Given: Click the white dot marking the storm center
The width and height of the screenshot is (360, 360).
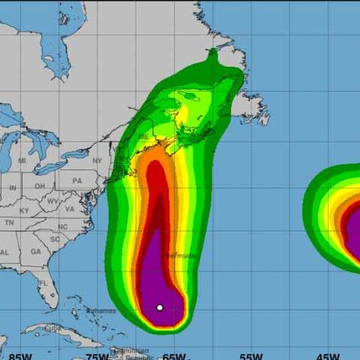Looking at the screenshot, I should coord(160,307).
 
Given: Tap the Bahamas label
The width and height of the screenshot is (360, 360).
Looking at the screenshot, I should coord(101,310).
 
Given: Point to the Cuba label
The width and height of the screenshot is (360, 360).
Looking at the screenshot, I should coord(53,328).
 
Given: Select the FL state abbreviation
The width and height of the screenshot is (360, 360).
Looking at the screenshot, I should coord(43,283).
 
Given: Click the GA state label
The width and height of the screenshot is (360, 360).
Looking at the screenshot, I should coord(36,252).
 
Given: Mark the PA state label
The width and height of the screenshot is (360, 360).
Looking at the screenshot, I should coord(77,181).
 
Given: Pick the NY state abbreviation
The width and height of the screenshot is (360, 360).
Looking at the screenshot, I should coord(97,160).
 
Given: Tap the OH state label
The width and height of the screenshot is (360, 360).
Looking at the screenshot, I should coord(39,186).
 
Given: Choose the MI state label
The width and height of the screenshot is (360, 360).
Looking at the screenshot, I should coord(22,160).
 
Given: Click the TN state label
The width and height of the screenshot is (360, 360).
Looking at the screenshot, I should coord(9,223).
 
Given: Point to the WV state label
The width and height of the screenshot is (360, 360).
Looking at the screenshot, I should coord(52,201).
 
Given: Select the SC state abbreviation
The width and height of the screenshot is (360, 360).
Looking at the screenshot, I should coord(55,239).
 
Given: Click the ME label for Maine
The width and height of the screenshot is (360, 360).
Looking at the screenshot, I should coord(142,136).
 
